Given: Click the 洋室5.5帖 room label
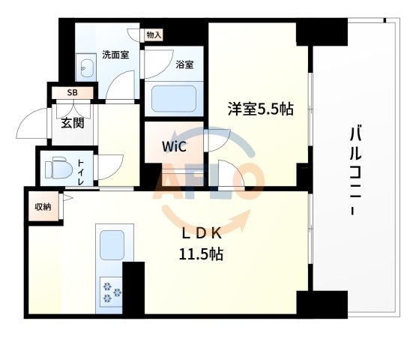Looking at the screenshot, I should (x=260, y=109).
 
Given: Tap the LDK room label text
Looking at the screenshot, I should (x=200, y=233).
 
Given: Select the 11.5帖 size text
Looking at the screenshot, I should (x=200, y=253).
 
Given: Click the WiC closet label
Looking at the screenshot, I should (x=174, y=145).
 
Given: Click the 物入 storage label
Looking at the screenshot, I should (x=154, y=34).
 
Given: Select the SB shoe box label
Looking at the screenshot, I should (x=72, y=93).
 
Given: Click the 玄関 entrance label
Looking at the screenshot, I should (x=72, y=123).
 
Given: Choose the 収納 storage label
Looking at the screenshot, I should (x=42, y=207).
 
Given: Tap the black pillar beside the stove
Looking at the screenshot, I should (x=133, y=289).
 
